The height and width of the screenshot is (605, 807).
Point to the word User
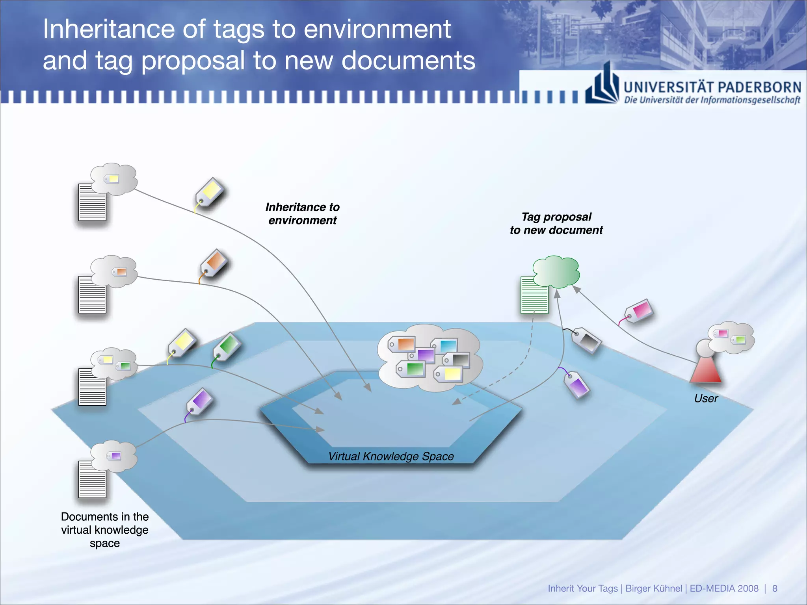coord(706,398)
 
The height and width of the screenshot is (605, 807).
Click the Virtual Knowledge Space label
coord(391,456)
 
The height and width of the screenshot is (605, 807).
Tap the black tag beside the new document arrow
coord(587,339)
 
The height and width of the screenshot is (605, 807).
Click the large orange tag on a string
coord(214,263)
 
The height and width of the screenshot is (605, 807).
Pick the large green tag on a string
coord(227,346)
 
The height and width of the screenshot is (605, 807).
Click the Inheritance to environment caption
coord(302,213)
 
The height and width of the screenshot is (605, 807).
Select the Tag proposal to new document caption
coord(556,223)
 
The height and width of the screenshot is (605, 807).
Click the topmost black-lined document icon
coord(92,202)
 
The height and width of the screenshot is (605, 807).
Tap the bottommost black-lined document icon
coord(92,479)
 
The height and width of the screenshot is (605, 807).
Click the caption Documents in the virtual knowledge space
coord(105,530)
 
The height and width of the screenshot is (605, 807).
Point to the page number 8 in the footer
coord(774,588)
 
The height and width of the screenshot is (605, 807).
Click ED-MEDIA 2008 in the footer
coord(724,588)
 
